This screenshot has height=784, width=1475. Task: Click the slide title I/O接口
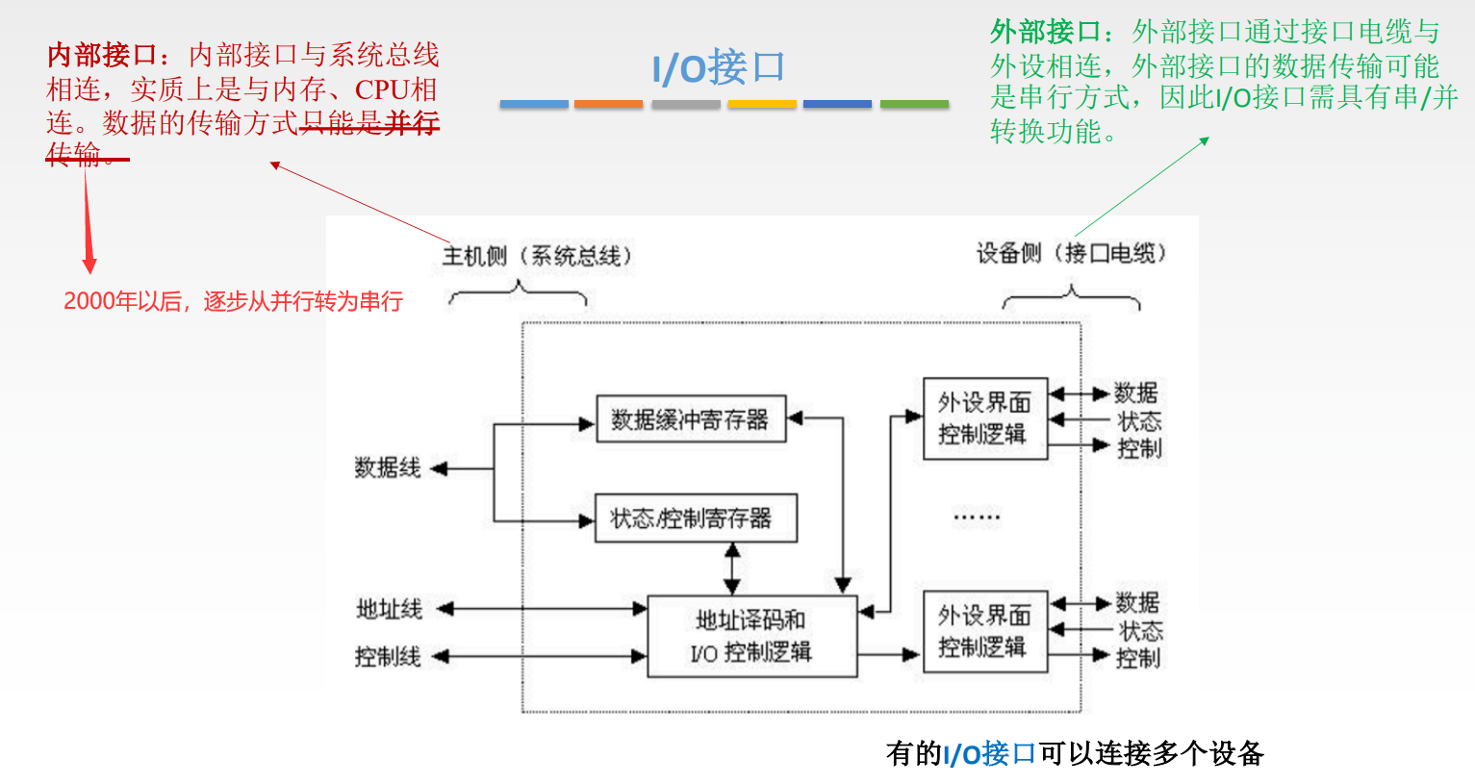click(719, 68)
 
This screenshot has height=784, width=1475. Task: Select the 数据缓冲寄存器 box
click(691, 419)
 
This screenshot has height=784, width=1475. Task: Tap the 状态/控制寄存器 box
click(696, 518)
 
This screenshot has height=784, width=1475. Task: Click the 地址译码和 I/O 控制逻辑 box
click(751, 637)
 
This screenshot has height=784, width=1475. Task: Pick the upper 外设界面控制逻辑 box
click(984, 418)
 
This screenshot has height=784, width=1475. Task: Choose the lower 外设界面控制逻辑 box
click(984, 631)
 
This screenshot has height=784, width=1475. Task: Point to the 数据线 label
click(388, 468)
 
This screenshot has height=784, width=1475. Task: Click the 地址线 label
click(390, 609)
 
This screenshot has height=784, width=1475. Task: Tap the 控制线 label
click(388, 657)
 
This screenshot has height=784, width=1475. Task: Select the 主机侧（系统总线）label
click(537, 256)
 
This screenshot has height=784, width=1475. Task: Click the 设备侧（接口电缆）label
click(1071, 253)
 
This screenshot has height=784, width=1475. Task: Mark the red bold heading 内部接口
click(102, 55)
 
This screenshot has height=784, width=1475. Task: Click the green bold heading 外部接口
click(1045, 33)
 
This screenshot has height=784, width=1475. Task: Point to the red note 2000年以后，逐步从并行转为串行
click(233, 301)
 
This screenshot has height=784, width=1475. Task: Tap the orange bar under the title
click(608, 104)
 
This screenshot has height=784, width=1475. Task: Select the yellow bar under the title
click(761, 104)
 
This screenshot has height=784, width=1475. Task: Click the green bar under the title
click(914, 104)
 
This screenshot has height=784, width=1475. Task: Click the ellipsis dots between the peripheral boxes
click(977, 518)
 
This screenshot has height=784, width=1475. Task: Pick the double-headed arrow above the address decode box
click(732, 569)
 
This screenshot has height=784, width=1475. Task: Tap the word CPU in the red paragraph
click(383, 89)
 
